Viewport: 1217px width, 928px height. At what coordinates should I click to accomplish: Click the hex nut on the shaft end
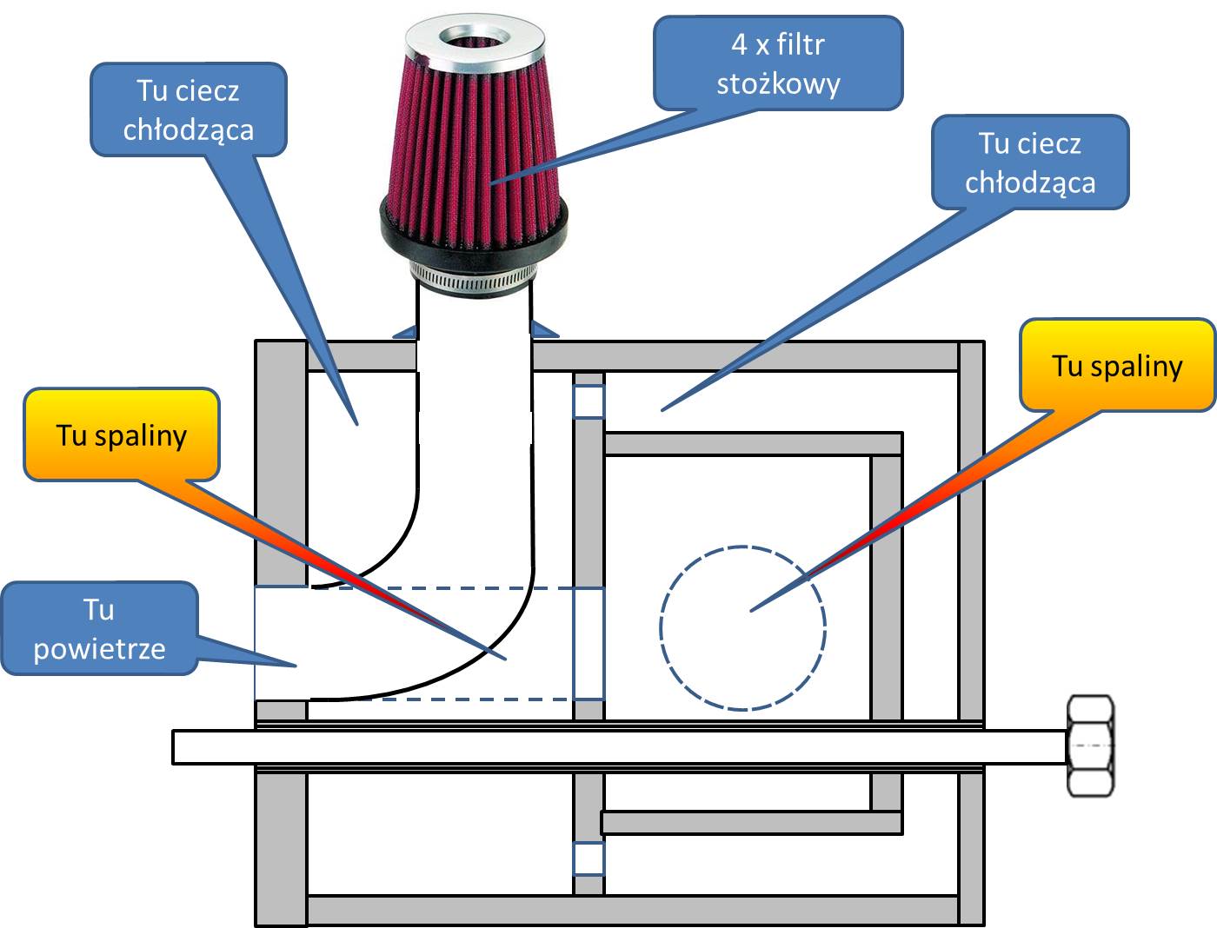[x=1090, y=746]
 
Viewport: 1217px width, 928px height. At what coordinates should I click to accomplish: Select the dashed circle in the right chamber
[x=742, y=627]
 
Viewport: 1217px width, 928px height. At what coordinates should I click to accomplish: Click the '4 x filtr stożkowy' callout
[x=778, y=63]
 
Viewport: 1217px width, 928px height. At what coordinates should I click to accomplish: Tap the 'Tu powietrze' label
[x=99, y=628]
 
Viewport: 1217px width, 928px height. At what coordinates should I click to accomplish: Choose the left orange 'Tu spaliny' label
[x=121, y=434]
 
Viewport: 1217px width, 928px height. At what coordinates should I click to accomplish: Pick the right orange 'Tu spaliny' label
[x=1117, y=365]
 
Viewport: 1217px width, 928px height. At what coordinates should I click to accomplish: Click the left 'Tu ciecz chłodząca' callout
[x=189, y=109]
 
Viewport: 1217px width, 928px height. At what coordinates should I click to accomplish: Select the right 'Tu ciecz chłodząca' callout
[x=1030, y=162]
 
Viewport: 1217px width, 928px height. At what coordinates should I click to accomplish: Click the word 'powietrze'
[x=99, y=648]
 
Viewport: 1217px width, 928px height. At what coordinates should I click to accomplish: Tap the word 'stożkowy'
[x=778, y=84]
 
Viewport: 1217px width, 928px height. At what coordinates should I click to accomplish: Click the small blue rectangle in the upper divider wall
[x=589, y=402]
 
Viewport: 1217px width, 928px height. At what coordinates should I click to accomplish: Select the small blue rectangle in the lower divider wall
[x=589, y=858]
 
